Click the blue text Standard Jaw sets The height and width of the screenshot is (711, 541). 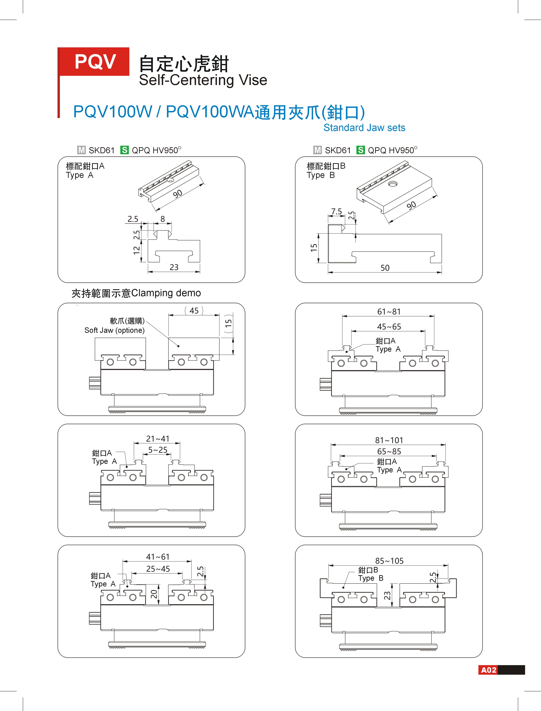pyautogui.click(x=364, y=128)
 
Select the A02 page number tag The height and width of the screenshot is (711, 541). pyautogui.click(x=488, y=670)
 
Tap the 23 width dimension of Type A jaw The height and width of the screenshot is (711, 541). pyautogui.click(x=174, y=267)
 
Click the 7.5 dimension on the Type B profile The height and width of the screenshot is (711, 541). pyautogui.click(x=337, y=211)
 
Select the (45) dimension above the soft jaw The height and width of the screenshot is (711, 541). pyautogui.click(x=194, y=310)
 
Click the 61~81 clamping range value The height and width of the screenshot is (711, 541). pyautogui.click(x=389, y=311)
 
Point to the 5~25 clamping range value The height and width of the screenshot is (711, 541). pyautogui.click(x=158, y=450)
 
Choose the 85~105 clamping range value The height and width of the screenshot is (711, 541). pyautogui.click(x=389, y=561)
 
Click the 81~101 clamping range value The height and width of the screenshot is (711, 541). pyautogui.click(x=389, y=440)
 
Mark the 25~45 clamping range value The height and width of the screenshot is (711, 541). pyautogui.click(x=158, y=569)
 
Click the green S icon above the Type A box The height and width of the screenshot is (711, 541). pyautogui.click(x=124, y=150)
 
